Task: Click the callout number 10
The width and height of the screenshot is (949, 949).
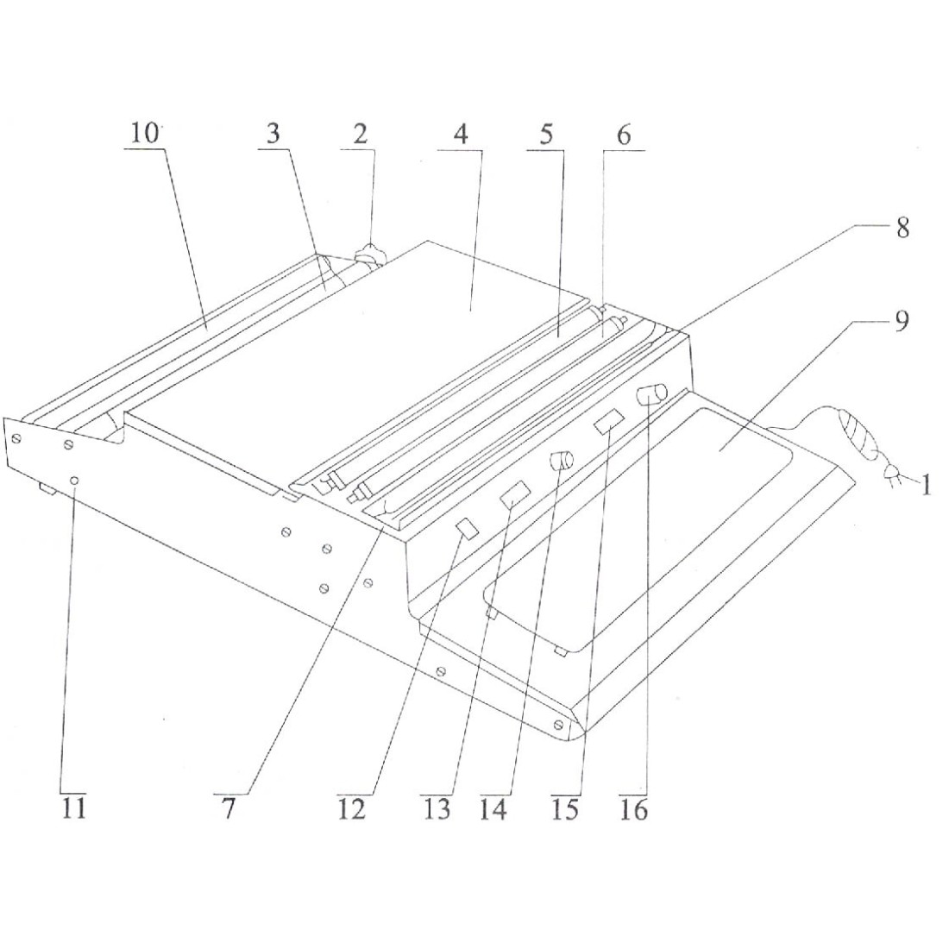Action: pos(145,133)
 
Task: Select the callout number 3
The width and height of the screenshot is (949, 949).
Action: pos(273,134)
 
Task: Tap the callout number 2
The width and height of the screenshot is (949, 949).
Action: pos(360,134)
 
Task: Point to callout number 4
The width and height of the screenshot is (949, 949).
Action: pos(462,134)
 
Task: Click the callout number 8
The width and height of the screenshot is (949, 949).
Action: pos(902,228)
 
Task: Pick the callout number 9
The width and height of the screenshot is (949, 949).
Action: pos(902,322)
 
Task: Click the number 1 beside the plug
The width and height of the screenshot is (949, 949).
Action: pos(926,485)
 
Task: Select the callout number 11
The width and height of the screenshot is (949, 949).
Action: pos(74,808)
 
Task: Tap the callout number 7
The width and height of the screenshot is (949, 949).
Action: pos(228,808)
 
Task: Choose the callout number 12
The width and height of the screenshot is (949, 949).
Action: pos(352,808)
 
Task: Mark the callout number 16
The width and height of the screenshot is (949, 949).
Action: pos(634,808)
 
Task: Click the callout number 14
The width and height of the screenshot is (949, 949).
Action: pos(493,808)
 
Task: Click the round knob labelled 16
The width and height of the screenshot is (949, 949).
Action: pos(651,394)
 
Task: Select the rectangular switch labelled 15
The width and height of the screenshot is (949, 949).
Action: pos(608,421)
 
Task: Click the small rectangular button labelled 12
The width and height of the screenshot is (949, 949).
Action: pos(468,528)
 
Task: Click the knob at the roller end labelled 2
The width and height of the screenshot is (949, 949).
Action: pos(368,255)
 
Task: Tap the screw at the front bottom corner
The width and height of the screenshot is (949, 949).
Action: pos(560,724)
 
